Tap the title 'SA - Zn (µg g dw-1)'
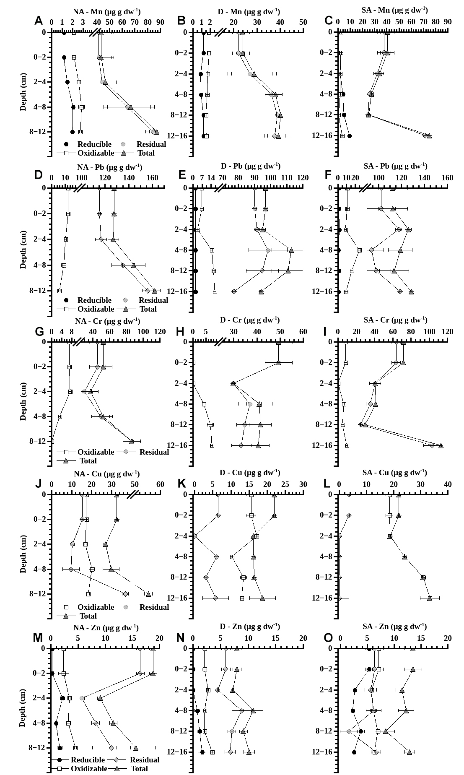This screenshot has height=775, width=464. (x=394, y=626)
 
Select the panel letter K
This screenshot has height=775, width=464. (x=181, y=484)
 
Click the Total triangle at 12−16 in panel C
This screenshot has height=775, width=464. (x=429, y=136)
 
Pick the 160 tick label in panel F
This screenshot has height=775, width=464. (x=447, y=178)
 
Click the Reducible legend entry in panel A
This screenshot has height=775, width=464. (x=94, y=144)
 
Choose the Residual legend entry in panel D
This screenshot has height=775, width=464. (x=153, y=300)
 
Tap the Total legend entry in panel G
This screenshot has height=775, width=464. (x=88, y=461)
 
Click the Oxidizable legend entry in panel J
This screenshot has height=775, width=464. (x=95, y=607)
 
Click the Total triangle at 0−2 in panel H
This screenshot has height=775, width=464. (x=278, y=363)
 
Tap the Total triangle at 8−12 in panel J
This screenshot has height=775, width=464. (x=148, y=594)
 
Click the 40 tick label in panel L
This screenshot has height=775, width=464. (x=447, y=484)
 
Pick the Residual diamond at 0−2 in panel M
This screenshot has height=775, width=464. (x=140, y=674)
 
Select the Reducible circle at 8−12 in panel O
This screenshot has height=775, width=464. (x=361, y=731)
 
